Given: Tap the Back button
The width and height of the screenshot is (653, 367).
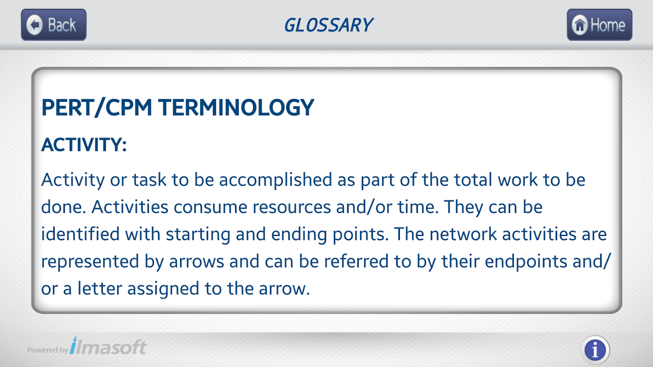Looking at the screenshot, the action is click(x=54, y=25).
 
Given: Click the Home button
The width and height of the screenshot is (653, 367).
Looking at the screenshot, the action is click(x=599, y=25).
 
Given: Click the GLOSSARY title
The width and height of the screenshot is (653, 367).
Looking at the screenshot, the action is click(x=328, y=25).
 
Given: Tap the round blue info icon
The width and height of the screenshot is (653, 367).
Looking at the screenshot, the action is click(x=595, y=350).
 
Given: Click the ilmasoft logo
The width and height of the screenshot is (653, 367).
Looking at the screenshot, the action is click(x=108, y=346).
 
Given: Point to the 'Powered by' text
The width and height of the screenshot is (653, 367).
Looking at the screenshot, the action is click(x=47, y=350).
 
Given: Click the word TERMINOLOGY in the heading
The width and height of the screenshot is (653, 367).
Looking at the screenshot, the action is click(x=236, y=107).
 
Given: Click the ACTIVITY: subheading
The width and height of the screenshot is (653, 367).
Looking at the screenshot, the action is click(x=84, y=145).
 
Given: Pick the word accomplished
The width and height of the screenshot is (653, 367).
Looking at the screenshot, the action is click(x=276, y=180).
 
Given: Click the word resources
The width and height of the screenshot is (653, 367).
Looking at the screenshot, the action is click(x=292, y=207).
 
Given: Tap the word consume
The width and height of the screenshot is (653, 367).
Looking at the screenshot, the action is click(x=210, y=207).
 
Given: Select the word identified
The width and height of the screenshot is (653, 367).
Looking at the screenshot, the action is click(x=80, y=234).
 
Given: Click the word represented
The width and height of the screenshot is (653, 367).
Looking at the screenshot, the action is click(x=90, y=261).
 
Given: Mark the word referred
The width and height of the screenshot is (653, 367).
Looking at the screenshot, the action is click(x=356, y=261).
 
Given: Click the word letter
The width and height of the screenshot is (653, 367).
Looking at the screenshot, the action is click(x=99, y=289).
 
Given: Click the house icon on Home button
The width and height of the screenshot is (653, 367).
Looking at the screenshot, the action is click(x=580, y=25).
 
